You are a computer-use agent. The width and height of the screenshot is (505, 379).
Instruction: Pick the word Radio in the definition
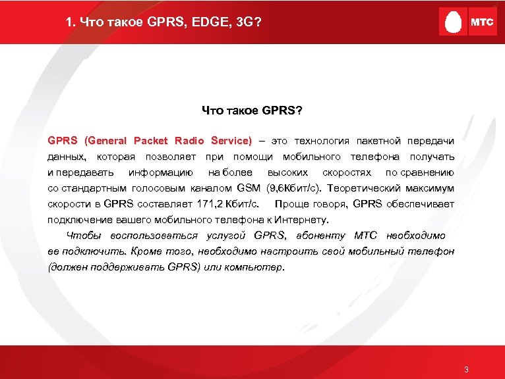point(190,141)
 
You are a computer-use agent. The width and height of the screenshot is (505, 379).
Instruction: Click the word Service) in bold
point(230,141)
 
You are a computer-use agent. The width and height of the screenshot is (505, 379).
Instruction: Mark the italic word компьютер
point(258,267)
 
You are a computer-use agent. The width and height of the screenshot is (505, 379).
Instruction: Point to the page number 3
point(466,369)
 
